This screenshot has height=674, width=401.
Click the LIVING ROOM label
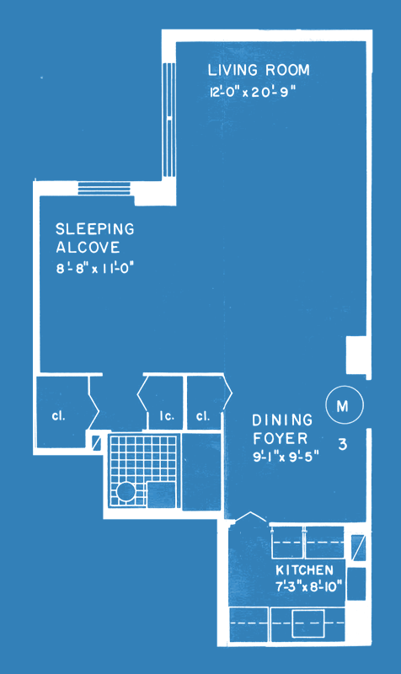(x=259, y=70)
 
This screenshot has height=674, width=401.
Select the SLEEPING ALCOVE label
(x=95, y=238)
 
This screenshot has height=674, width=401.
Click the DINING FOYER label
(x=282, y=429)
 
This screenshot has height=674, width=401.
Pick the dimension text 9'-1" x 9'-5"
(x=286, y=457)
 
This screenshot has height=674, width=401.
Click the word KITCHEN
(x=304, y=570)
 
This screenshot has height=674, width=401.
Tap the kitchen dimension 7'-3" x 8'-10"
(x=308, y=586)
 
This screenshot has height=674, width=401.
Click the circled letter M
(x=345, y=405)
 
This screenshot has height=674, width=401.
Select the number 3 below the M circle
(x=343, y=445)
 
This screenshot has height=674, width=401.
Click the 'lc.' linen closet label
(x=167, y=416)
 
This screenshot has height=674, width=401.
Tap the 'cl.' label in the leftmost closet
(x=58, y=415)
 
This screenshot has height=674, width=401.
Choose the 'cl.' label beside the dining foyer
(x=203, y=415)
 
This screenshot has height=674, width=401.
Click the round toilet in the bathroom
(x=126, y=491)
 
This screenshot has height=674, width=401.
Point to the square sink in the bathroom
(x=162, y=495)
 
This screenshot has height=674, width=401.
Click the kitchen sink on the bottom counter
(x=308, y=623)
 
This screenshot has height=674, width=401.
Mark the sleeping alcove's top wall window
(x=104, y=188)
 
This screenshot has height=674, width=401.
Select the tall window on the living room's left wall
(x=169, y=120)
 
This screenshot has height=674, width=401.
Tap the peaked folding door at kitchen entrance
(x=251, y=516)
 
